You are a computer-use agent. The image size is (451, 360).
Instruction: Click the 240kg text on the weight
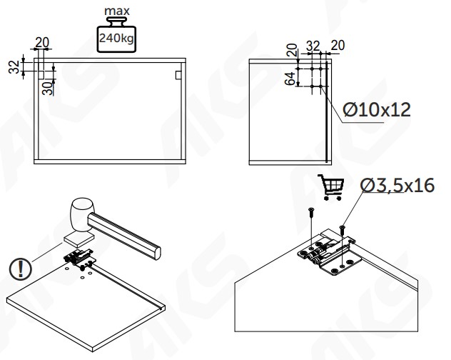tap(116, 38)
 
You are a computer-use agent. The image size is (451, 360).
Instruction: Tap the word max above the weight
tap(117, 11)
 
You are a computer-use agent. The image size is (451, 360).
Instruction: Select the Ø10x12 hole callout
tap(377, 110)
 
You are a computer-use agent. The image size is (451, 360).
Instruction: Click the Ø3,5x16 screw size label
tap(397, 185)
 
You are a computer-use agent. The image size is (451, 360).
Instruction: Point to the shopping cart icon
tap(331, 187)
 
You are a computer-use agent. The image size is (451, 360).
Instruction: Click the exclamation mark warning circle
tap(20, 269)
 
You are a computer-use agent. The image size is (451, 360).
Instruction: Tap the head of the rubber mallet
tap(83, 214)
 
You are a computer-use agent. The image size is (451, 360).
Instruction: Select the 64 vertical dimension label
tap(290, 79)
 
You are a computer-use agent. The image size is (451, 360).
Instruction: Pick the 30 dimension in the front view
tap(48, 88)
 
